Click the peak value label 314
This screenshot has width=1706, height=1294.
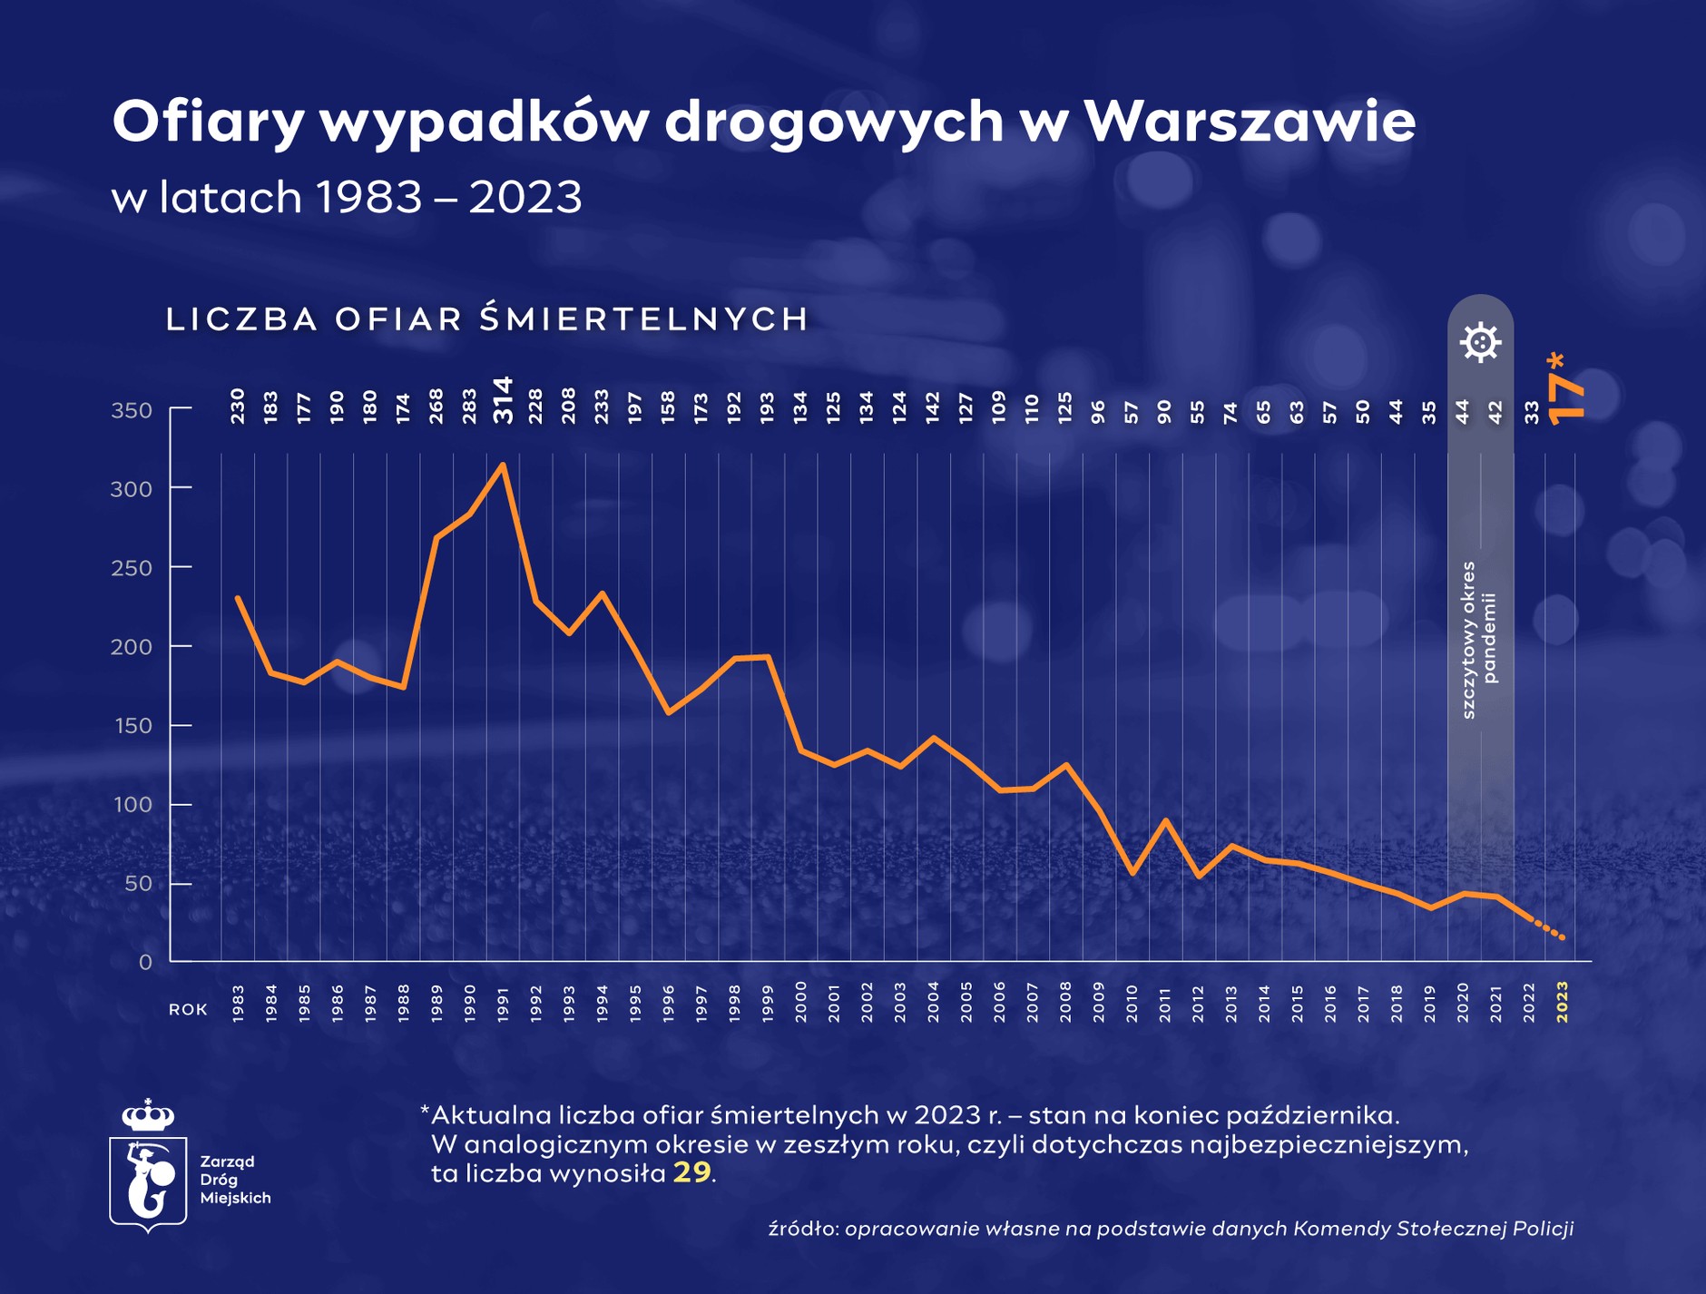pos(503,400)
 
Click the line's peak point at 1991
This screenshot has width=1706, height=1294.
pos(503,465)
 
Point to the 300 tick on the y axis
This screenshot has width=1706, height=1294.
pos(132,489)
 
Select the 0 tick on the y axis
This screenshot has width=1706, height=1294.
pos(145,963)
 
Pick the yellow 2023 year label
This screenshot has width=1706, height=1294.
pos(1562,1003)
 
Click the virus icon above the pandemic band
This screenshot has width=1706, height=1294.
pos(1480,342)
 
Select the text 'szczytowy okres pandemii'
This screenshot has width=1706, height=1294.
pos(1479,640)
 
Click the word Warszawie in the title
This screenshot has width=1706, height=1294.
pos(1250,122)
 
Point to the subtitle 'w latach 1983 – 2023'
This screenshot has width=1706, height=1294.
pos(347,197)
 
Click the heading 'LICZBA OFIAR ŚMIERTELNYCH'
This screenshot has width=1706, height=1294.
pos(486,319)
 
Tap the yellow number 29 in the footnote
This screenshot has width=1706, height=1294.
pos(691,1173)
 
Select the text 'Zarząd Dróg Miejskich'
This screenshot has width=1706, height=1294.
pos(235,1180)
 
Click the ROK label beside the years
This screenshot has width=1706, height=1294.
pos(188,1010)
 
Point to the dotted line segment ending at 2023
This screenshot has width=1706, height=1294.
pos(1548,929)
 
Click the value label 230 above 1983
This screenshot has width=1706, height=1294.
pos(238,406)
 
